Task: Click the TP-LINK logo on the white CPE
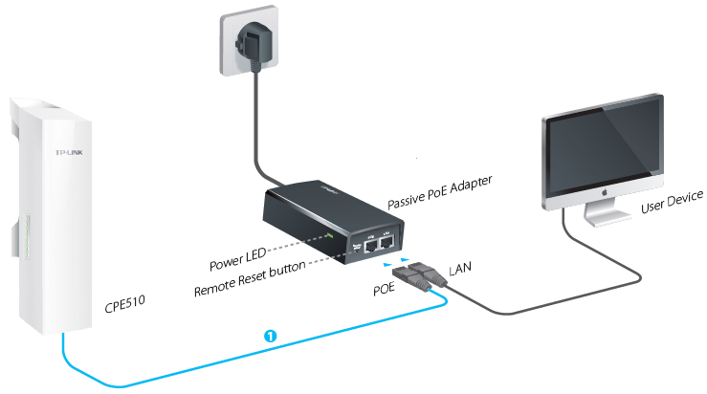pos(66,152)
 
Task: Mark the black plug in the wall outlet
pos(255,45)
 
